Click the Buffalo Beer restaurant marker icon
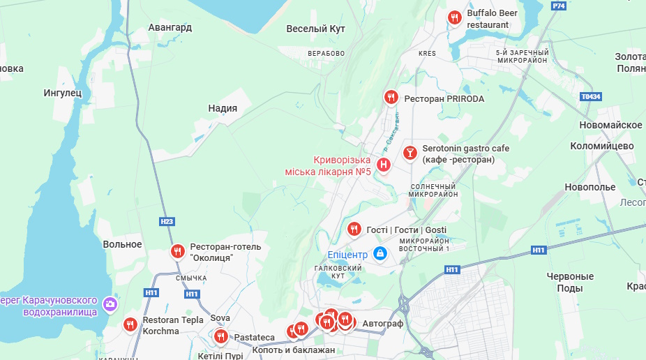(455, 17)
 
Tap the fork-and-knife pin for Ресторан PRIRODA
(391, 98)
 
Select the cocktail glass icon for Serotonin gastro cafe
(410, 151)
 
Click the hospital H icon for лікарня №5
(383, 165)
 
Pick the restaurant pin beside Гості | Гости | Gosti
(354, 229)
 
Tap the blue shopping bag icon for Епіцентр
(380, 253)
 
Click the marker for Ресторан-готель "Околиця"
(178, 251)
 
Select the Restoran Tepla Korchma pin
(130, 324)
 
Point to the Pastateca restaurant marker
(221, 337)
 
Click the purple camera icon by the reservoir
(110, 303)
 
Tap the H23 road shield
(167, 222)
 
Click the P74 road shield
(558, 6)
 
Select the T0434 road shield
(590, 97)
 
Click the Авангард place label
(170, 28)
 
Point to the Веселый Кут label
(316, 29)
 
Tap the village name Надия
(223, 108)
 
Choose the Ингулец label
(63, 92)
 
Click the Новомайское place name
(610, 125)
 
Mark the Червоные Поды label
(570, 282)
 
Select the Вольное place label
(122, 244)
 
